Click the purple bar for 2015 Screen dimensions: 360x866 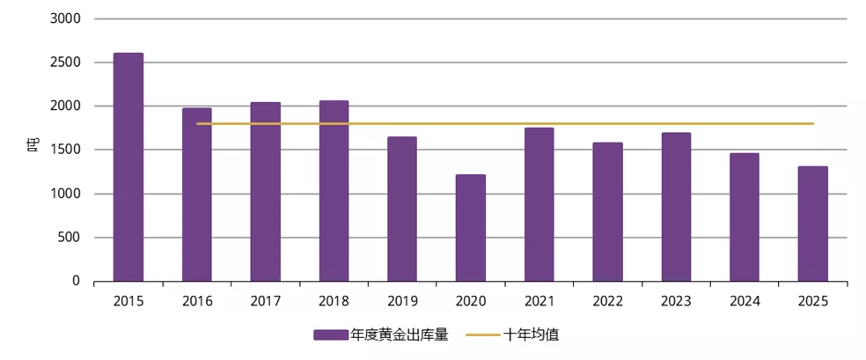[128, 167]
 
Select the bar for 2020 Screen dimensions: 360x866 [471, 228]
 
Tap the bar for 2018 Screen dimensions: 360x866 [334, 191]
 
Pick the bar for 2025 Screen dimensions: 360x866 [813, 224]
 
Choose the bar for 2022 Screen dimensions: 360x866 [607, 212]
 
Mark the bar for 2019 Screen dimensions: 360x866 [402, 209]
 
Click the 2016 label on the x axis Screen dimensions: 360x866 [197, 301]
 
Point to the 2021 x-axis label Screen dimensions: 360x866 [539, 301]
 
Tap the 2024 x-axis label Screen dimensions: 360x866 [745, 301]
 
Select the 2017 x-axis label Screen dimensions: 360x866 [266, 301]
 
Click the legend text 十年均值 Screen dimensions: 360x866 [532, 335]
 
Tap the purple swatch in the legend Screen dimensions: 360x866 [331, 335]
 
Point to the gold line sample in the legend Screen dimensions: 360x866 [482, 335]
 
